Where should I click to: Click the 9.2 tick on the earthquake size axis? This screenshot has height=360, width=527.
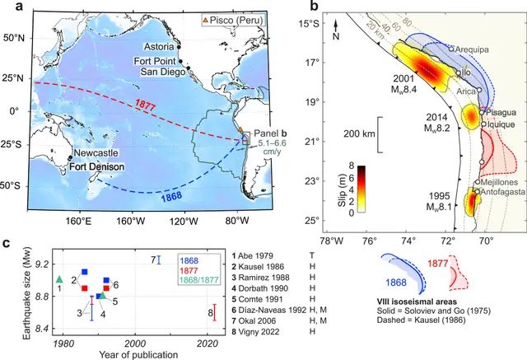click(40, 264)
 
